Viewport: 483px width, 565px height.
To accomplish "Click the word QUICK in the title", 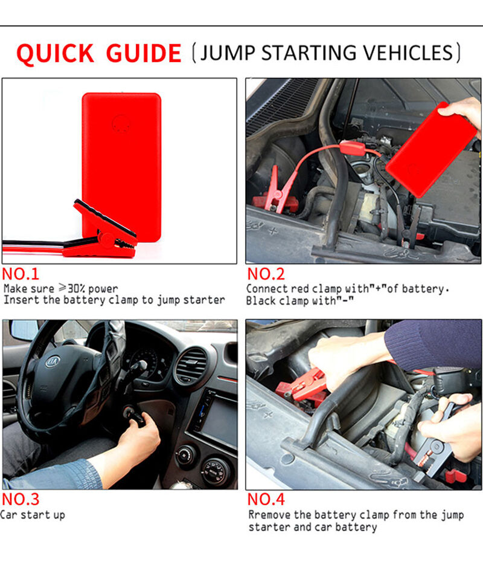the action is [55, 54].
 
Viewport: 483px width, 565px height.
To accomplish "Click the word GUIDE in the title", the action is [144, 53].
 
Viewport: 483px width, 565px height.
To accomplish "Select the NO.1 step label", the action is [20, 274].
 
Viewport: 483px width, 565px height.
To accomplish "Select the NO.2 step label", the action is [266, 274].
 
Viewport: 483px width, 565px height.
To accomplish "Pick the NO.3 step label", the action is [20, 499].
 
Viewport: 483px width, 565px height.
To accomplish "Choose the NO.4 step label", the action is [266, 499].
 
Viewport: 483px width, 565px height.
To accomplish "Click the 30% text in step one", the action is [77, 288].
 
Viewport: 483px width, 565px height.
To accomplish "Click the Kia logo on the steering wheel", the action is [53, 361].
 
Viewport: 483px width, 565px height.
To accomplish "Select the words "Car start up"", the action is [33, 515].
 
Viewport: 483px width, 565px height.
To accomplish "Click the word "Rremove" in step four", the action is [269, 515].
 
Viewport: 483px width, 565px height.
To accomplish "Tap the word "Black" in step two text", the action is [258, 300].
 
